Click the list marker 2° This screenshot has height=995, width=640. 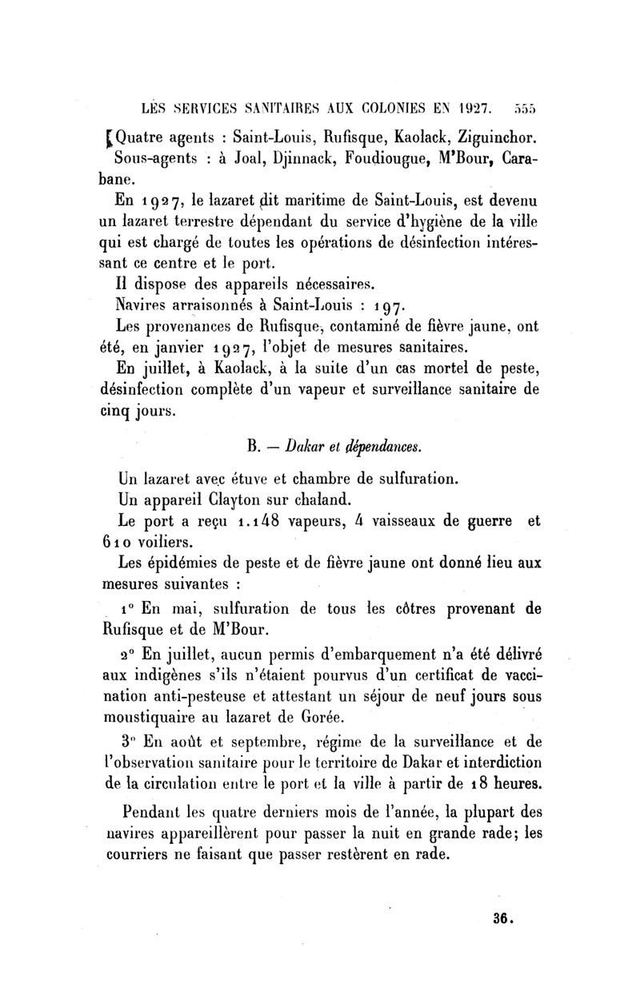[x=128, y=655]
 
